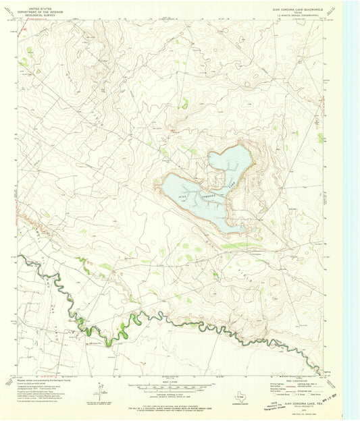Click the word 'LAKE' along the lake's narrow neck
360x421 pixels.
[x=232, y=184]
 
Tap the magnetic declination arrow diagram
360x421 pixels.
[x=101, y=391]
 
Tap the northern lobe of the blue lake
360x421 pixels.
[x=230, y=159]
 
